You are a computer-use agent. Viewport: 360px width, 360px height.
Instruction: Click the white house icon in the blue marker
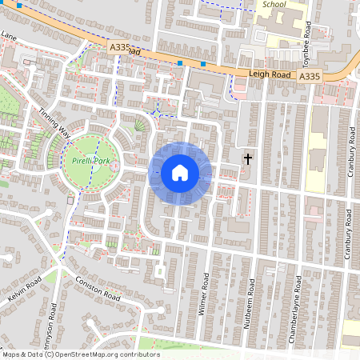tap(179, 173)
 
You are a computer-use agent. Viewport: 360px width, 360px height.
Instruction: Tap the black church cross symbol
tap(248, 158)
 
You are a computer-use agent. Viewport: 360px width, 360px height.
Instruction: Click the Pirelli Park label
tap(90, 161)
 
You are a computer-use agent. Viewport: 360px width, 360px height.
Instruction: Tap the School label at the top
tap(274, 4)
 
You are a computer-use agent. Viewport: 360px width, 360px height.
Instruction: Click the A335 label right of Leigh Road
tap(310, 76)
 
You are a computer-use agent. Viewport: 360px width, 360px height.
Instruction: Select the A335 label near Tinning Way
tap(118, 50)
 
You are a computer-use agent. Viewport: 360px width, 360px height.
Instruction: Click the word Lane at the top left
tap(8, 36)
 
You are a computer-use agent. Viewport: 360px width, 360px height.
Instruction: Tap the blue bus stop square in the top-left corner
tap(19, 5)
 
